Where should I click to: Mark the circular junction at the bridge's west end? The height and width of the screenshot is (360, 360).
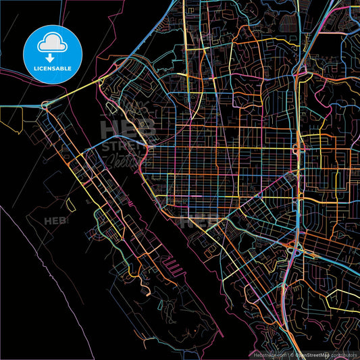point(45,105)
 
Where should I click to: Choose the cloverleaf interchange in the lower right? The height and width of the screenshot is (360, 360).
point(295,252)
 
